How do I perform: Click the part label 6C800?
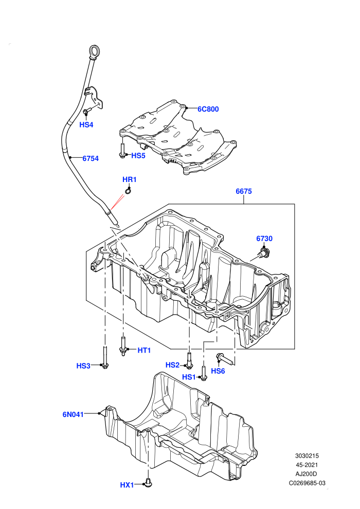tap(208, 109)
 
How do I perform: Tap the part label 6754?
tap(90, 158)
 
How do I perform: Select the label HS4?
tap(86, 124)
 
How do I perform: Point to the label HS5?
tap(138, 155)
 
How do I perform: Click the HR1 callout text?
tap(130, 179)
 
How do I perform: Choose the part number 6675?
tap(244, 191)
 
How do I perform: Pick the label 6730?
tap(264, 239)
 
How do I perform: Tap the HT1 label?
tap(144, 350)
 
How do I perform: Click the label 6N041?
tap(73, 414)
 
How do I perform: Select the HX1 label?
tap(127, 485)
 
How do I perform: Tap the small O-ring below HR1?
tap(128, 192)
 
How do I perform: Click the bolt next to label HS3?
tap(104, 357)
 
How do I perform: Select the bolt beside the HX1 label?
tap(148, 483)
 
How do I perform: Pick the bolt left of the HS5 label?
tap(122, 151)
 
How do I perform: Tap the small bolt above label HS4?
tap(86, 112)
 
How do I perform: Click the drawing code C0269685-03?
tap(307, 483)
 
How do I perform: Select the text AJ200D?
tap(307, 474)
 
